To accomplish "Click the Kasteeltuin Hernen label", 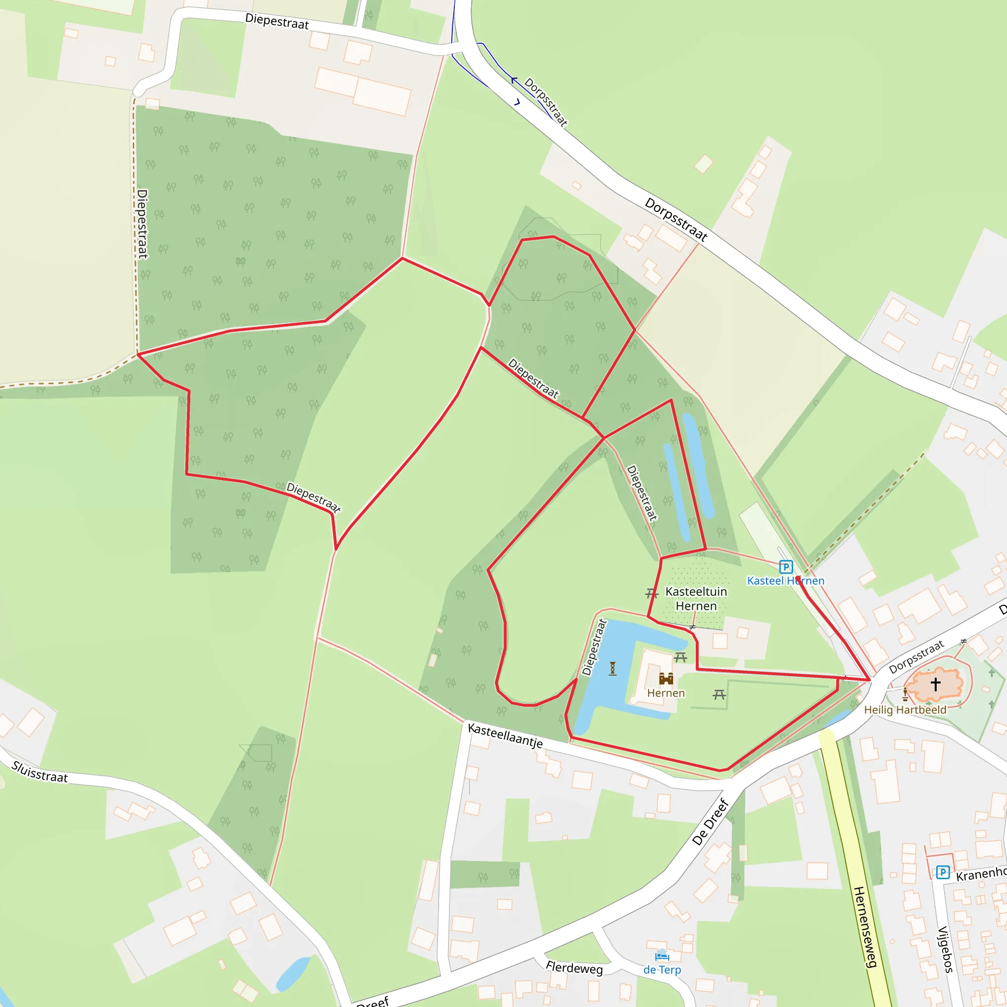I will coord(696,599).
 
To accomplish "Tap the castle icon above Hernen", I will coord(666,678).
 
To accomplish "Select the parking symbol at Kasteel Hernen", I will coord(785,566).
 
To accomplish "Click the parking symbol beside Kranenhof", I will coord(943,872).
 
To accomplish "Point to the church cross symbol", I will coord(936,684).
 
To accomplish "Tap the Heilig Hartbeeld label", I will coord(905,710).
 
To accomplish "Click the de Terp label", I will coord(662,970).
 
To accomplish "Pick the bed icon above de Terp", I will coord(662,956).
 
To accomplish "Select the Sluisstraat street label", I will coord(40,772).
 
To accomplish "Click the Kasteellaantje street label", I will coord(505,736).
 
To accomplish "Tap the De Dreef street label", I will coord(710,822).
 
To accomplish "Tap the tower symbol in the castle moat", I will coord(613,668).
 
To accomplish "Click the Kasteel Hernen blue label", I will coord(785,581).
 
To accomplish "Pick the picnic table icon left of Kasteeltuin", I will coord(652,593).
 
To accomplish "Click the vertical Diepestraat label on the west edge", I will coord(142,224).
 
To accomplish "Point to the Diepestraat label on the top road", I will coord(277,21).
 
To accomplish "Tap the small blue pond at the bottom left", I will coord(294,973).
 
